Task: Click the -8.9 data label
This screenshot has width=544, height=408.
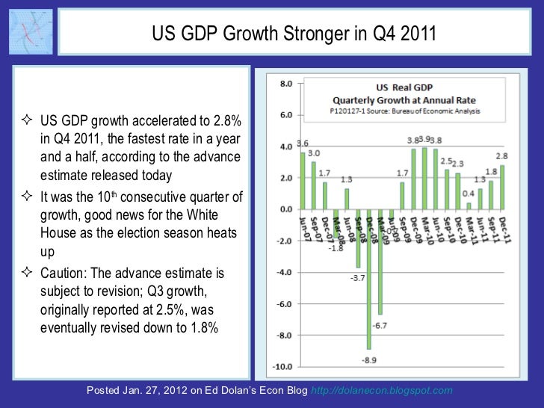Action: point(369,359)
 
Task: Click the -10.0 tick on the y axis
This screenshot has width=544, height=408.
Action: point(282,367)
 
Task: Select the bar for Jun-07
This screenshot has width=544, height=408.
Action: point(303,180)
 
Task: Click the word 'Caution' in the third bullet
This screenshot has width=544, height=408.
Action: point(64,275)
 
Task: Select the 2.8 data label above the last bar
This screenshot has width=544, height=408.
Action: point(501,155)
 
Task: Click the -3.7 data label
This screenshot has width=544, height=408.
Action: point(357,279)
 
